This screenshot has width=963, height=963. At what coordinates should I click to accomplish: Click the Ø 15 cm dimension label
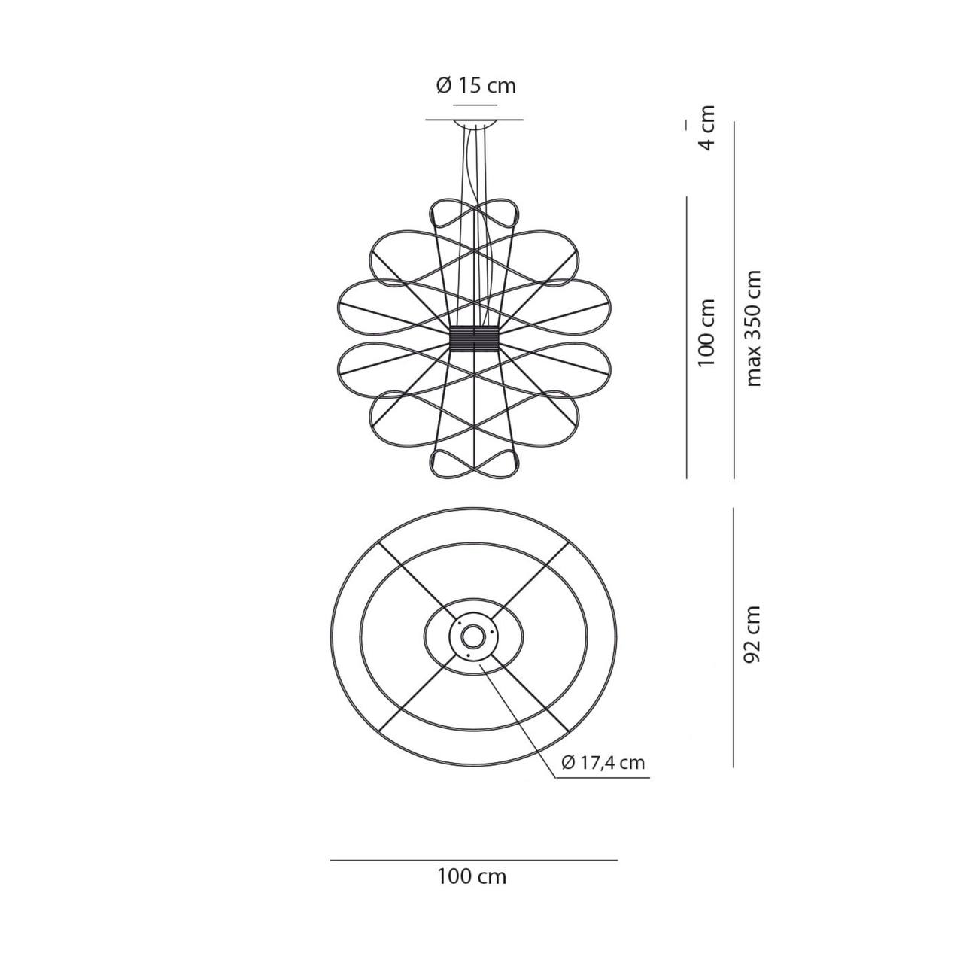[475, 86]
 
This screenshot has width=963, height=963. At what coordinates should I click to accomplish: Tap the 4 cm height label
[707, 127]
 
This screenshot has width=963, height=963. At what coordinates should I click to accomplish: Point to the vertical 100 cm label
[706, 333]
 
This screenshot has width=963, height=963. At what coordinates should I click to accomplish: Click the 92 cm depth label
[752, 634]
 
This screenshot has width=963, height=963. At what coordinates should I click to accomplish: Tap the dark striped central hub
[474, 339]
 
